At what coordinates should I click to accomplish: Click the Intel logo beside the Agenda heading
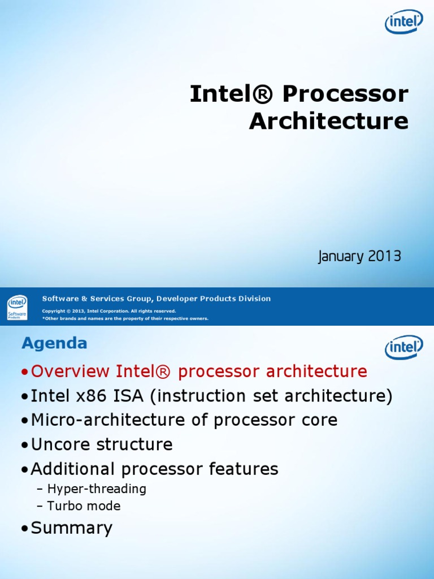[403, 347]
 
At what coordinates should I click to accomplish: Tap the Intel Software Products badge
[17, 308]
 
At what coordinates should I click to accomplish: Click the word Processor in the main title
[345, 94]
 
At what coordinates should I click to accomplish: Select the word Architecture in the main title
[328, 121]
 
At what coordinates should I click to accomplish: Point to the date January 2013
[359, 257]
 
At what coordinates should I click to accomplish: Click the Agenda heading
[54, 343]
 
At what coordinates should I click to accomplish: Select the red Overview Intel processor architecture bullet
[199, 371]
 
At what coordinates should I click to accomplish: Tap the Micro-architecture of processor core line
[184, 420]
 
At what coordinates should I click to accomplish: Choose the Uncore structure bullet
[102, 444]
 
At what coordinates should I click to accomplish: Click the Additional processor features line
[154, 469]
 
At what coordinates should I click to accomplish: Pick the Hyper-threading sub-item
[97, 489]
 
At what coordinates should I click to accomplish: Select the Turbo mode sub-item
[84, 506]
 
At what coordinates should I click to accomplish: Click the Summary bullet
[72, 528]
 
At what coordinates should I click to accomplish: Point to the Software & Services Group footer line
[157, 299]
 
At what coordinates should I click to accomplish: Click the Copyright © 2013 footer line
[109, 311]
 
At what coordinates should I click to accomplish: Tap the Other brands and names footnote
[125, 318]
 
